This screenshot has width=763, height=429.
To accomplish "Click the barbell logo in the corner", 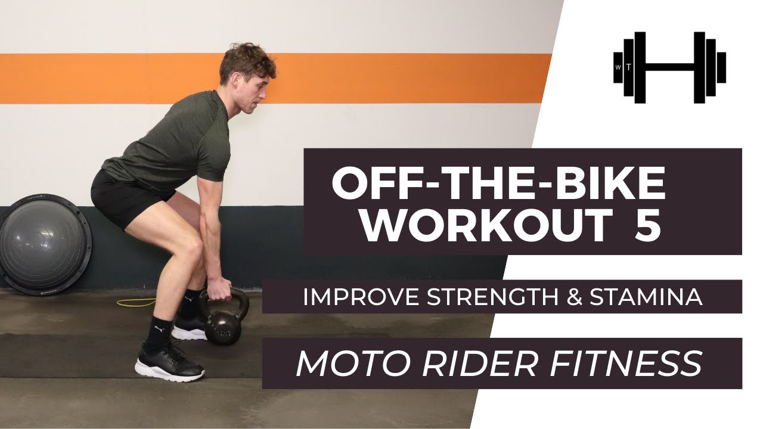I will click(669, 67).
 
